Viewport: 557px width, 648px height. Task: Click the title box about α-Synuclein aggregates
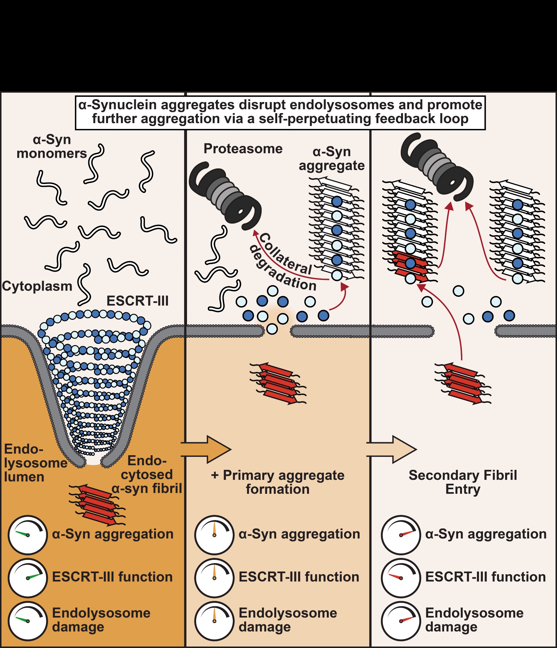[280, 112]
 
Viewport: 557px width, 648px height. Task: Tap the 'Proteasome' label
[243, 149]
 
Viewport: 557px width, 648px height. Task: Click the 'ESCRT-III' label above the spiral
[137, 301]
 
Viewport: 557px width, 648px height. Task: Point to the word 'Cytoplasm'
[37, 286]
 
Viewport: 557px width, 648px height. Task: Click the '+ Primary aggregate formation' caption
[278, 482]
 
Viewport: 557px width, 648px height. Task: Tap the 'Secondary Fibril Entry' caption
[463, 482]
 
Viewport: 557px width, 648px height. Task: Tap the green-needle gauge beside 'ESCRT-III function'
[28, 578]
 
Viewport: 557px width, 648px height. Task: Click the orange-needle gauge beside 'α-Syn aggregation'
[214, 535]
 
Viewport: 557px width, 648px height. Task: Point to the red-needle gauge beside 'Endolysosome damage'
[401, 621]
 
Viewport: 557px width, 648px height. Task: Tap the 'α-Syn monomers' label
[52, 146]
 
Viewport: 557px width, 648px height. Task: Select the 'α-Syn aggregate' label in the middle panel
[332, 159]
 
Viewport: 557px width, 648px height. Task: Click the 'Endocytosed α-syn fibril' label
[147, 474]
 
